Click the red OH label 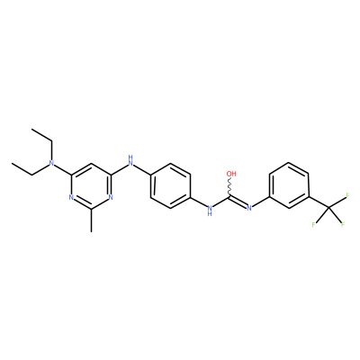(x=231, y=174)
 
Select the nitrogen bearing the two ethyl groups (x=51, y=163)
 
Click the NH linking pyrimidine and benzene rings (x=130, y=160)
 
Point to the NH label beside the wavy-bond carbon (x=210, y=210)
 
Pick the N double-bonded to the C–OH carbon (x=248, y=208)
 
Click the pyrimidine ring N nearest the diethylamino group (x=71, y=197)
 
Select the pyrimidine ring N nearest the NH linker (x=111, y=197)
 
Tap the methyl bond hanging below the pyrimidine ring (x=91, y=220)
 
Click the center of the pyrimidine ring (x=91, y=185)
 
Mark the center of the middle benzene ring (x=170, y=185)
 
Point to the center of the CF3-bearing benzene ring (x=289, y=185)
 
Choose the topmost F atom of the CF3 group (x=348, y=195)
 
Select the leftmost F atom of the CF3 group (x=313, y=224)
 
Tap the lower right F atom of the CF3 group (x=342, y=224)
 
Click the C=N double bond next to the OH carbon (x=238, y=202)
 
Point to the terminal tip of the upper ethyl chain (x=31, y=129)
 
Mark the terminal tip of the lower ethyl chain (x=12, y=163)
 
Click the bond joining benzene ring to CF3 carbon (x=319, y=202)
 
